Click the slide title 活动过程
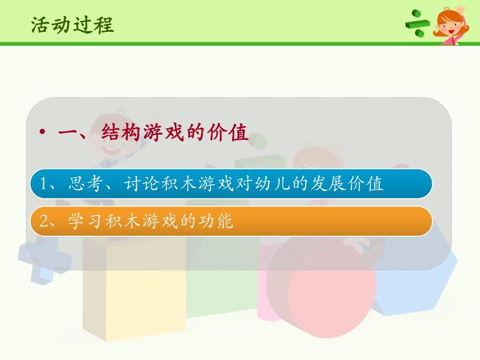click(x=72, y=24)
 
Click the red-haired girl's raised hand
click(x=460, y=11)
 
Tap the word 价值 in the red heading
click(x=232, y=132)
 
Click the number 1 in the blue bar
click(x=45, y=184)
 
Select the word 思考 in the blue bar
click(x=82, y=184)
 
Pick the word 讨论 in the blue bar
click(x=140, y=184)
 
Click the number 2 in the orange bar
click(x=45, y=222)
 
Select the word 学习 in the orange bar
click(x=82, y=222)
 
